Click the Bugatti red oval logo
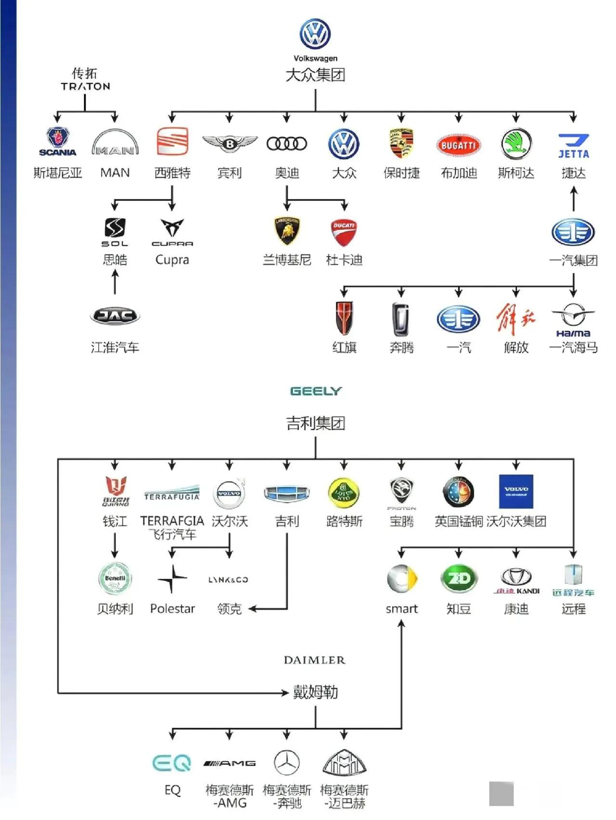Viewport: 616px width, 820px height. pyautogui.click(x=459, y=145)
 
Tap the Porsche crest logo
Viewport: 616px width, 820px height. pyautogui.click(x=401, y=143)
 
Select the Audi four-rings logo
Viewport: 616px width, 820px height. pyautogui.click(x=287, y=143)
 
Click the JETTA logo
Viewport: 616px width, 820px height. pyautogui.click(x=574, y=146)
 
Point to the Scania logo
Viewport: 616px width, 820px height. pyautogui.click(x=57, y=142)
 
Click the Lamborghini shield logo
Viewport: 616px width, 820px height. pyautogui.click(x=287, y=231)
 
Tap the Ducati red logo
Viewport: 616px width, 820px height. pyautogui.click(x=344, y=232)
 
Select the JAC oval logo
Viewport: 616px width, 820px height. pyautogui.click(x=115, y=316)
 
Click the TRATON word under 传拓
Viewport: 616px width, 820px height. pyautogui.click(x=85, y=87)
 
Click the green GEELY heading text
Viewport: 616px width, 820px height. pyautogui.click(x=316, y=391)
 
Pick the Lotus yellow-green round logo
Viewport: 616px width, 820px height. pyautogui.click(x=344, y=493)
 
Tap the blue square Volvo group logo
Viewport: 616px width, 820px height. pyautogui.click(x=516, y=492)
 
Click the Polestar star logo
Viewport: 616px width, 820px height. pyautogui.click(x=172, y=579)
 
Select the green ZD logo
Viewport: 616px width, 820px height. pyautogui.click(x=459, y=578)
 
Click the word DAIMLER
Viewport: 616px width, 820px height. pyautogui.click(x=315, y=660)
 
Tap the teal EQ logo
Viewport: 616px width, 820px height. pyautogui.click(x=172, y=763)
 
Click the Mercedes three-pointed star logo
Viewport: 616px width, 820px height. pyautogui.click(x=287, y=763)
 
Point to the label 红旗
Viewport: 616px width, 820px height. pyautogui.click(x=344, y=347)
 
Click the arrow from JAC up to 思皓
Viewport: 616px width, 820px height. pyautogui.click(x=115, y=282)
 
